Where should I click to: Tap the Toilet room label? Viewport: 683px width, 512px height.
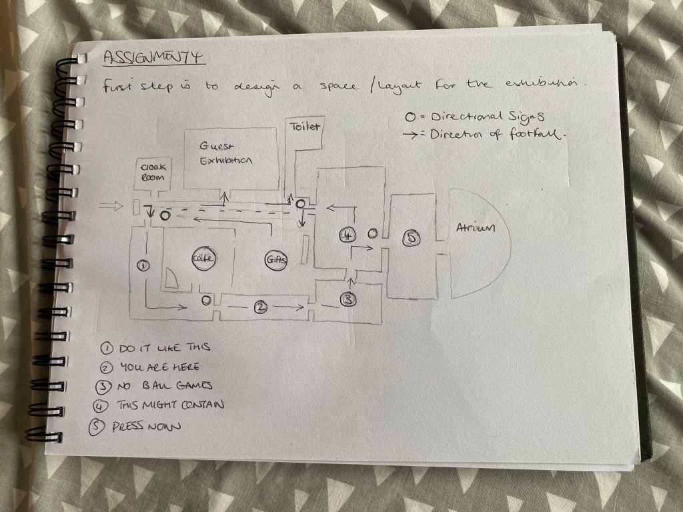point(305,126)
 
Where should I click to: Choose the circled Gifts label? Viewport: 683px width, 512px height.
point(276,260)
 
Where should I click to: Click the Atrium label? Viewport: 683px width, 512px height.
point(476,229)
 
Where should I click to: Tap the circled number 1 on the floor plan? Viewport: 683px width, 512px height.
point(141,265)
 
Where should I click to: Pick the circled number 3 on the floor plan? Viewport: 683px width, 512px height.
point(348,299)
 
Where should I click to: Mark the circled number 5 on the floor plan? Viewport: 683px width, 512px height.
point(412,237)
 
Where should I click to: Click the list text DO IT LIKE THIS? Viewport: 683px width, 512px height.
point(163,348)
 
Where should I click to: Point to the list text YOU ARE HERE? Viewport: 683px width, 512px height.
point(159,367)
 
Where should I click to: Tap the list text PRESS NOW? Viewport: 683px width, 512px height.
point(149,425)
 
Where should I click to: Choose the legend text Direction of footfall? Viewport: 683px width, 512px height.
point(498,134)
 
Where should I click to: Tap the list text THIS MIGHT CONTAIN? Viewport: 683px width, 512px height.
point(170,405)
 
